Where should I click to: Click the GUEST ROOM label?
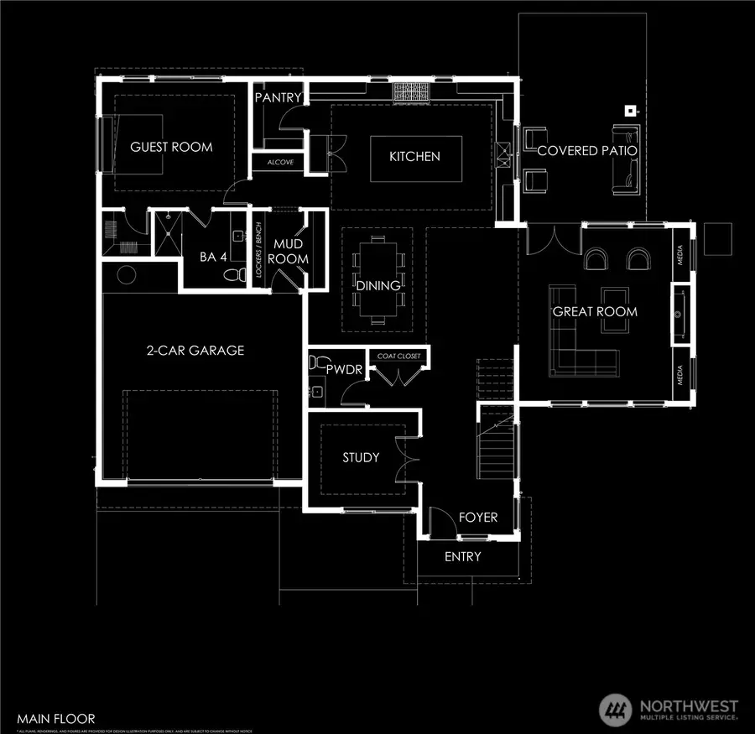point(171,147)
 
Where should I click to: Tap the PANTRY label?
point(278,98)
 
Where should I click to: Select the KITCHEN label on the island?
point(414,157)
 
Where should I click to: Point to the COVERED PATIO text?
point(586,151)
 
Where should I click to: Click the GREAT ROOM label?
point(594,312)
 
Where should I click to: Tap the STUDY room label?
point(361,458)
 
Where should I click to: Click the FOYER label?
point(478,518)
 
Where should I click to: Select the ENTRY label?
point(462,557)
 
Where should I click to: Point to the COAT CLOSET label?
point(400,356)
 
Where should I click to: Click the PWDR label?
point(339,369)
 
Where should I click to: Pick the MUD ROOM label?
point(288,252)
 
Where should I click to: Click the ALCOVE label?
point(280,163)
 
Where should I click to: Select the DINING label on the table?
point(377,286)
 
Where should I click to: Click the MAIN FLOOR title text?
point(54,718)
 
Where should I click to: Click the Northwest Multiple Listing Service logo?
point(669,710)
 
